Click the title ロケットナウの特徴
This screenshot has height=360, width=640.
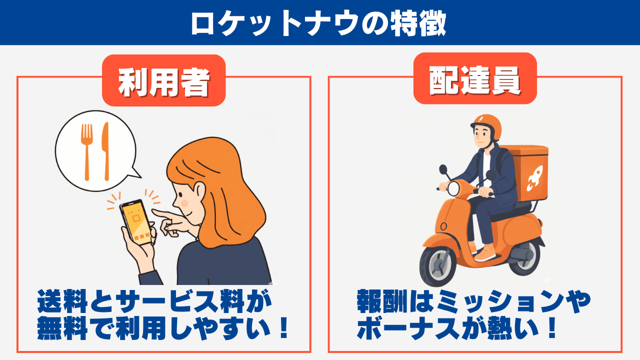coord(318,23)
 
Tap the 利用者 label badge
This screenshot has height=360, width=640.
coord(163,80)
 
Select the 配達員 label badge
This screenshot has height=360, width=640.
coord(475,78)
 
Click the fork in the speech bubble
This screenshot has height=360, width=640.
coord(86,152)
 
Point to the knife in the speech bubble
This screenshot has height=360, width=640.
coord(106,151)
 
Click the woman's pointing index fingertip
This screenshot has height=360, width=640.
coord(153,211)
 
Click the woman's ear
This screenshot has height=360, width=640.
coord(199,191)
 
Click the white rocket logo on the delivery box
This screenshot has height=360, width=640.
coord(534,178)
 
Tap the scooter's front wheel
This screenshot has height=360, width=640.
coord(437,265)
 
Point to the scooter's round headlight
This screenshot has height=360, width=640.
coord(453,189)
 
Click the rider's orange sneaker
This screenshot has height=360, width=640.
coord(484,253)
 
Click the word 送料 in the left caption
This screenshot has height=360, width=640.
coord(62,301)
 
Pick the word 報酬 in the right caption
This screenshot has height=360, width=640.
coord(382,301)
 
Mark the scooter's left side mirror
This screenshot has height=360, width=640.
coord(443,169)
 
